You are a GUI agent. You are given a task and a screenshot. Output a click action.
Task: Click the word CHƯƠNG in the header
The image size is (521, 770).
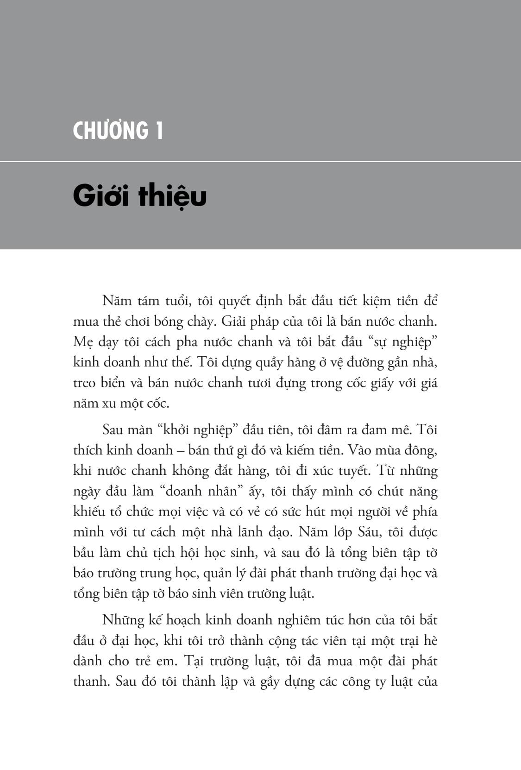pyautogui.click(x=111, y=131)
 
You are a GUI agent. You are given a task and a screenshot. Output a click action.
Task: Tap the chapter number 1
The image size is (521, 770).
pyautogui.click(x=158, y=131)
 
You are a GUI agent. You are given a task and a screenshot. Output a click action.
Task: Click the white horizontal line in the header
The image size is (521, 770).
pyautogui.click(x=260, y=161)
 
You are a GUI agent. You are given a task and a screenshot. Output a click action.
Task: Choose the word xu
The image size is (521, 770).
pyautogui.click(x=106, y=404)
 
